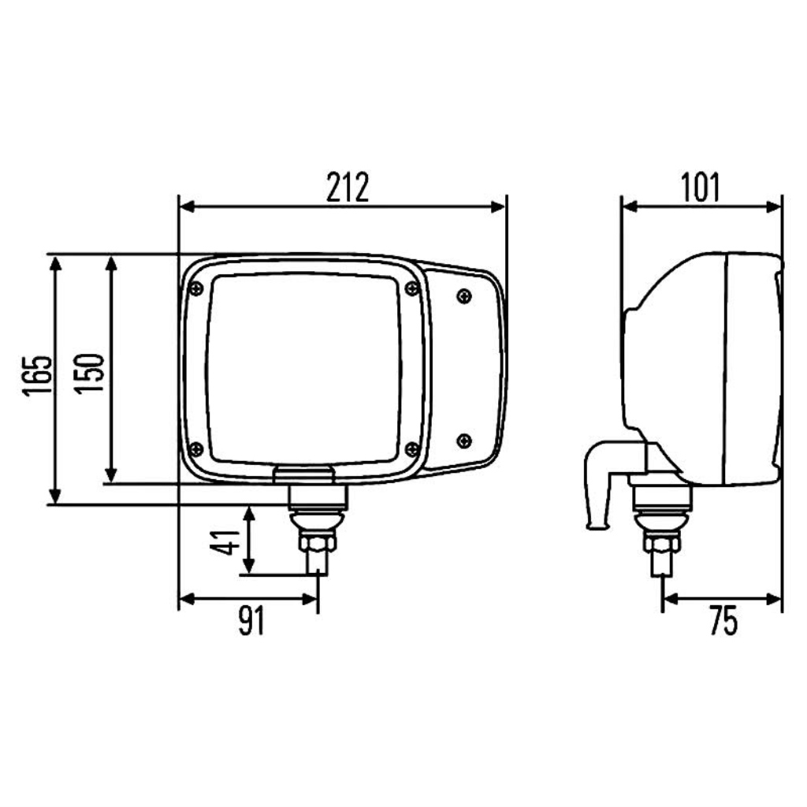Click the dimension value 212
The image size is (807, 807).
[x=348, y=188]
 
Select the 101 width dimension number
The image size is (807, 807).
[x=701, y=188]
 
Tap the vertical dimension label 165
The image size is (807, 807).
[x=37, y=375]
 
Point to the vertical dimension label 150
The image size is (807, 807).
[x=89, y=374]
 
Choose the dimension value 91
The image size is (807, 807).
[x=251, y=620]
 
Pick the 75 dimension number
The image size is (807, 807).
[x=723, y=620]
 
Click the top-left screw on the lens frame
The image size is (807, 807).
[x=196, y=288]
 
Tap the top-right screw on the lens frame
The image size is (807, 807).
[x=411, y=288]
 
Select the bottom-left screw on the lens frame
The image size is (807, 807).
[x=196, y=449]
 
